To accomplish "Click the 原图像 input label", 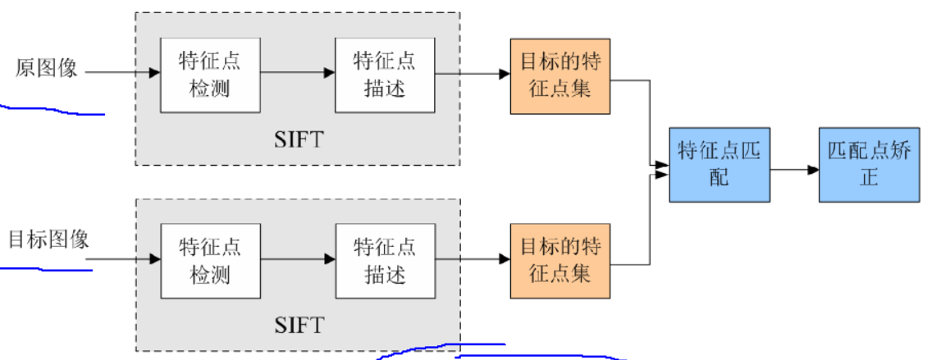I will pyautogui.click(x=46, y=69).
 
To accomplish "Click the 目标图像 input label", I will pyautogui.click(x=48, y=240).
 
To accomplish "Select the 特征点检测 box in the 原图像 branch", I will pyautogui.click(x=210, y=74).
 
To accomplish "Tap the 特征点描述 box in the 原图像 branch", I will pyautogui.click(x=384, y=74).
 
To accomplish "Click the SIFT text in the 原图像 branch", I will pyautogui.click(x=299, y=138).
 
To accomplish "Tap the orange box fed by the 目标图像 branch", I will pyautogui.click(x=560, y=259).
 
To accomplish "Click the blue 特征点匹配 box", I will pyautogui.click(x=719, y=164).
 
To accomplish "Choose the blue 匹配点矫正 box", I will pyautogui.click(x=868, y=164).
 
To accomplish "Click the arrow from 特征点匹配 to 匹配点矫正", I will pyautogui.click(x=794, y=171).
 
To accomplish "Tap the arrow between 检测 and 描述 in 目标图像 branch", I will pyautogui.click(x=297, y=259).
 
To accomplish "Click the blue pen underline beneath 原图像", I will pyautogui.click(x=53, y=111).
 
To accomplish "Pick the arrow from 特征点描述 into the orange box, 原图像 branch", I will pyautogui.click(x=472, y=74).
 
